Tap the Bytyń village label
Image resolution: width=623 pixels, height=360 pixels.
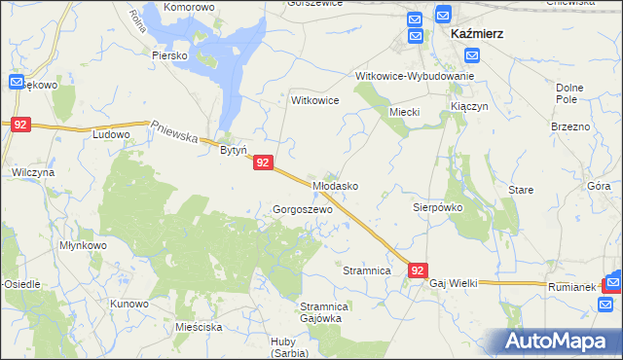[234, 151]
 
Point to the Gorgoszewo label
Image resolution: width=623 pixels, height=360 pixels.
[303, 209]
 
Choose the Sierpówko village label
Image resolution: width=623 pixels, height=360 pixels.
[437, 207]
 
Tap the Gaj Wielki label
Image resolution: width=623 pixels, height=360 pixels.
[454, 282]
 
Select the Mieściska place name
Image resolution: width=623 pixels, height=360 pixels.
[200, 327]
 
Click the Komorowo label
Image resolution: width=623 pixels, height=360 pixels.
[189, 7]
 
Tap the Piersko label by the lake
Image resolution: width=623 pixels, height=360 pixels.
[169, 55]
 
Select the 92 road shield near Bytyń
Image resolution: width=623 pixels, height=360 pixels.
[263, 164]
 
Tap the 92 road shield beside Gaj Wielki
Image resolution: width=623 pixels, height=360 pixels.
[417, 270]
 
